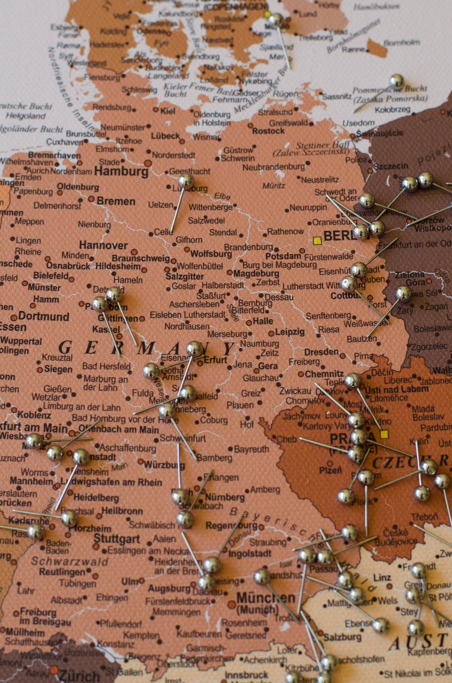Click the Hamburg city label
coord(121,171)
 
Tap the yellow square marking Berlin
coord(317,241)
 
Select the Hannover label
coord(103,246)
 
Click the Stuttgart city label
coord(116,538)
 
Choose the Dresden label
coord(321,352)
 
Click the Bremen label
coord(116,201)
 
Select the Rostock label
coord(268,131)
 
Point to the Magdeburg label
coord(256,273)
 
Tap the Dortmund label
coord(43,316)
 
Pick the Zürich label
coord(79,676)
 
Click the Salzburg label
coord(342,637)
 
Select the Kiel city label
coord(167,111)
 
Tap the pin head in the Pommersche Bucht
coord(396,80)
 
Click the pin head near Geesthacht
coord(186,181)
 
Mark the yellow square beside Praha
coord(384,434)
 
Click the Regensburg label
coord(231,525)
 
